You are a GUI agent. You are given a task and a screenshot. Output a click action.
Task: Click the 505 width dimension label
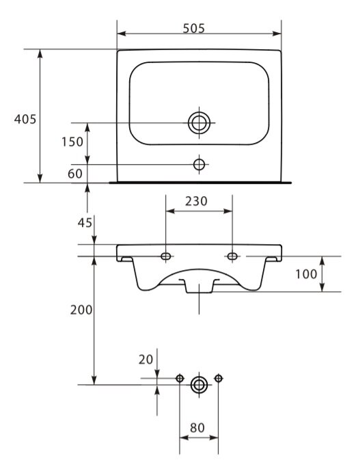[193, 28]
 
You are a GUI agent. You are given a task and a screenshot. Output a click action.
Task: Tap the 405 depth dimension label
[25, 119]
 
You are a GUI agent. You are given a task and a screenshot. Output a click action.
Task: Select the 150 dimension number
[72, 142]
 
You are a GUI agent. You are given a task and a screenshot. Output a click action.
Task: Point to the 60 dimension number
[74, 174]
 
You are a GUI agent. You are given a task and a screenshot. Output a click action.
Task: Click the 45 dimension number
[85, 223]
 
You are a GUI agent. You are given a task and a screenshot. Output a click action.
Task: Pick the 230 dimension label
[196, 201]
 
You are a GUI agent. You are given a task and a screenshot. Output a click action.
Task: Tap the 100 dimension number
[306, 274]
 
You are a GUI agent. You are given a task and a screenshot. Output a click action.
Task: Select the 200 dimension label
[81, 310]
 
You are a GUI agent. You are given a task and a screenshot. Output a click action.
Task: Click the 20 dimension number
[146, 360]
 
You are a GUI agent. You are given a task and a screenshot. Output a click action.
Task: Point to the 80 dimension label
[197, 428]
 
